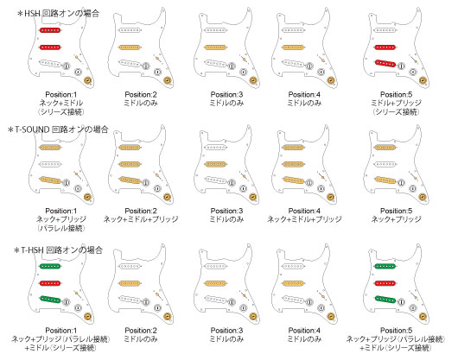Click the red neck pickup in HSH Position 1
(x=50, y=30)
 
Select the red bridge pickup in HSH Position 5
(x=385, y=63)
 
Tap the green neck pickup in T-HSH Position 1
(x=50, y=266)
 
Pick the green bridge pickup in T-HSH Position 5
(x=385, y=299)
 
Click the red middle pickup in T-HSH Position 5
(x=385, y=283)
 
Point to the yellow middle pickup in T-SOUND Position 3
(x=216, y=164)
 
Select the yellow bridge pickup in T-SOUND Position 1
(x=50, y=180)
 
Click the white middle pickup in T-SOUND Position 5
(x=385, y=164)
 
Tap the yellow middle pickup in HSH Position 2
(x=130, y=47)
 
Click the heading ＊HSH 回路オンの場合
(x=59, y=14)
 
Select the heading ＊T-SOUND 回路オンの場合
(x=59, y=129)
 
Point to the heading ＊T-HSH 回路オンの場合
(x=59, y=250)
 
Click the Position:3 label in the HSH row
(x=226, y=94)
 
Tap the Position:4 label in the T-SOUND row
(x=304, y=211)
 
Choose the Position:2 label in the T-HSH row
(x=141, y=331)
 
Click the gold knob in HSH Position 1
(x=87, y=80)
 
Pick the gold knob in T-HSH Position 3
(x=253, y=317)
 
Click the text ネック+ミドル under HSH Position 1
(x=61, y=103)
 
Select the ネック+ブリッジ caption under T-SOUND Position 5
(x=396, y=219)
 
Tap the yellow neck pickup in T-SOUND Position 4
(x=294, y=148)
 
